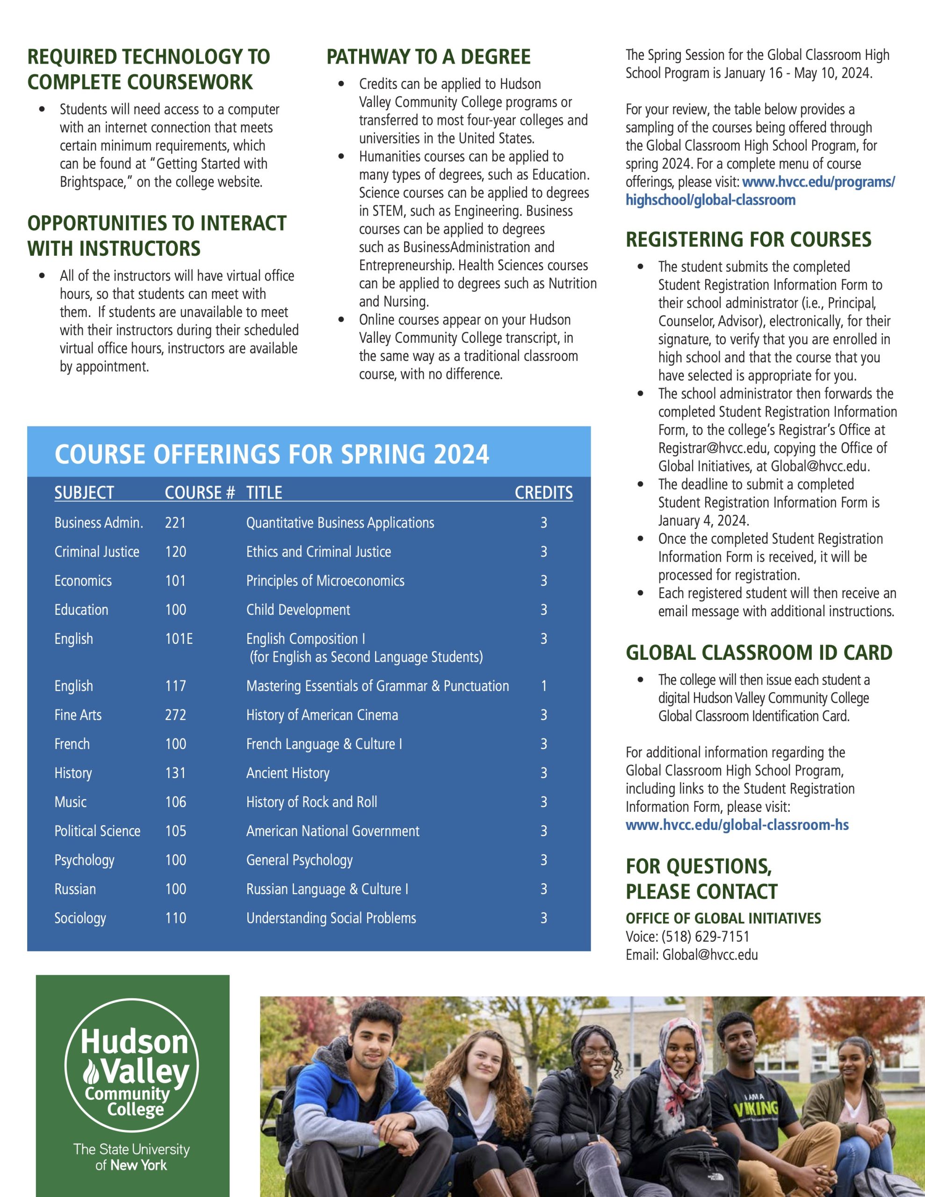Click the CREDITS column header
click(x=543, y=492)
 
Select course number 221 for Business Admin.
click(x=175, y=522)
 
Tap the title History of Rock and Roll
click(x=311, y=802)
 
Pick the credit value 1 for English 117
click(x=543, y=685)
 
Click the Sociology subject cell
click(x=80, y=918)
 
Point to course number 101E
click(x=179, y=639)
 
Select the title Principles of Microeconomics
click(x=325, y=580)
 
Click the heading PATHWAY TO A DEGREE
click(x=428, y=57)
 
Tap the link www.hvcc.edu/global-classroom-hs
click(x=737, y=825)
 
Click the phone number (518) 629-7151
click(x=705, y=937)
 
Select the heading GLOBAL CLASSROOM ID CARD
click(x=759, y=652)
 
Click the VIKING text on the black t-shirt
click(x=757, y=1108)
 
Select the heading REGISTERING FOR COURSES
click(x=748, y=239)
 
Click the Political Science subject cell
click(x=97, y=831)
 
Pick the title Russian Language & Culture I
click(x=327, y=889)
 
